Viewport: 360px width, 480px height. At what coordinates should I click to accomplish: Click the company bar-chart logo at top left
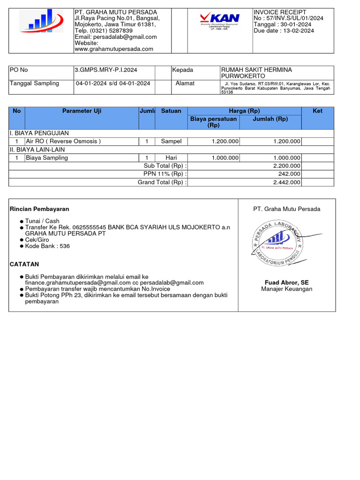click(41, 21)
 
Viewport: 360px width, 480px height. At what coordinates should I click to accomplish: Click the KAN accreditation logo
click(219, 21)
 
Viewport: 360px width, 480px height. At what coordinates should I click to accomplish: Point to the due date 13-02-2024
click(297, 30)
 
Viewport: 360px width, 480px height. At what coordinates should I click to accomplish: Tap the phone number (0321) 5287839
click(104, 30)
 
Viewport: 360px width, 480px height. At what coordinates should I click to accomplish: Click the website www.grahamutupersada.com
click(114, 49)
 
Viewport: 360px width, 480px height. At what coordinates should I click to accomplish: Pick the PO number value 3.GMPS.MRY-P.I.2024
click(106, 70)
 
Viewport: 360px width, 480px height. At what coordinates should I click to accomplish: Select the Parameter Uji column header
click(82, 111)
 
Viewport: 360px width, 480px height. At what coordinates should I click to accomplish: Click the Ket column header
click(317, 111)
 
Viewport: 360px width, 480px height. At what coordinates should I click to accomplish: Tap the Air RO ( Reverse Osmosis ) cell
click(63, 141)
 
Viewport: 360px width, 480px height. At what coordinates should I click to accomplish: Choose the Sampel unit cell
click(171, 141)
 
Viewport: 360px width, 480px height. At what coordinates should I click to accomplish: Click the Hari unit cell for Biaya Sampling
click(171, 157)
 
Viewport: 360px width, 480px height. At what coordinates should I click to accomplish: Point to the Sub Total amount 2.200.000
click(286, 166)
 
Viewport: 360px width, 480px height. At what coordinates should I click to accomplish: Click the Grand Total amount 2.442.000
click(286, 182)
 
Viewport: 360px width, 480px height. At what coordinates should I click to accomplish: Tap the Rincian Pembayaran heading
click(39, 209)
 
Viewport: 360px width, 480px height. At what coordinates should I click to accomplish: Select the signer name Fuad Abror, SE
click(286, 283)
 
